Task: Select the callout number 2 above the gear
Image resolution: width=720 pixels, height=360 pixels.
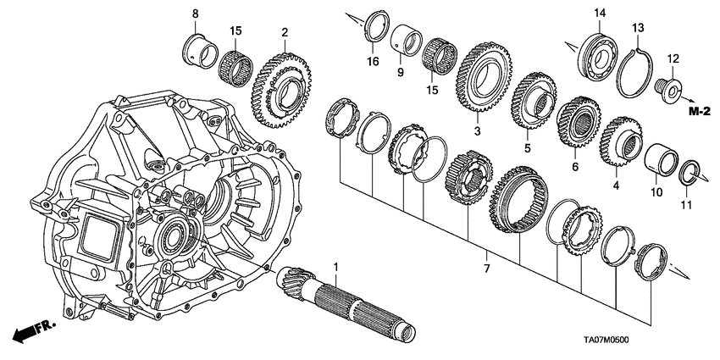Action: coord(286,32)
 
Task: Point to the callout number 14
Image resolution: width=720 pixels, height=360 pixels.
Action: coord(600,13)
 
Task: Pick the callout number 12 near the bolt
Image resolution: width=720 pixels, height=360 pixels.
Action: coord(674,58)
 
